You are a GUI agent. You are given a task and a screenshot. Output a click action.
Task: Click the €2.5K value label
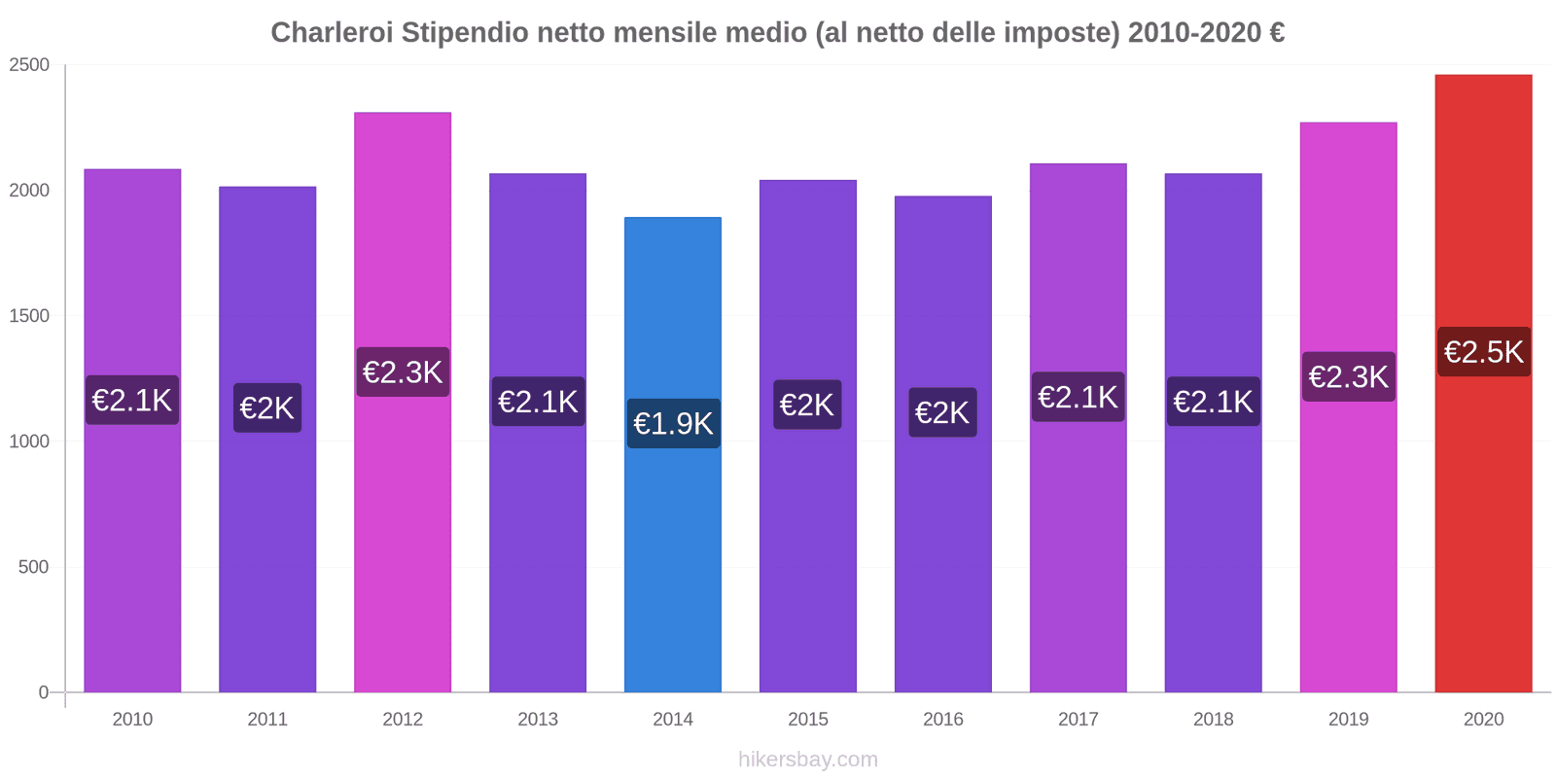pyautogui.click(x=1483, y=352)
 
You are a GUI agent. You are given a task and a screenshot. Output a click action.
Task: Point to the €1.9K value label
pyautogui.click(x=673, y=424)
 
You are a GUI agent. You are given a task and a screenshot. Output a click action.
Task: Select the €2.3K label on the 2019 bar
pyautogui.click(x=1348, y=377)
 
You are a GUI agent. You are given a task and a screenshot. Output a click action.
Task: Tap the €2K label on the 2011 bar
pyautogui.click(x=267, y=408)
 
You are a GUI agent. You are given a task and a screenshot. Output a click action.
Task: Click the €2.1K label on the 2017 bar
pyautogui.click(x=1078, y=397)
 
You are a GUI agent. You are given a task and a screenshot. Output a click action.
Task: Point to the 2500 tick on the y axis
pyautogui.click(x=29, y=65)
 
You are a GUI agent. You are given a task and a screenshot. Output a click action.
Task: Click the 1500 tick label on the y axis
pyautogui.click(x=29, y=316)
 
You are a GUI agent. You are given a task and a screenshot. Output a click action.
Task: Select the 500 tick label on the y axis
pyautogui.click(x=33, y=567)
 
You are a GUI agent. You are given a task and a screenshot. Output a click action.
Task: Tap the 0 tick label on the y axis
pyautogui.click(x=43, y=692)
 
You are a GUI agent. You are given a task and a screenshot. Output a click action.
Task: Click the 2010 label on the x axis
pyautogui.click(x=132, y=720)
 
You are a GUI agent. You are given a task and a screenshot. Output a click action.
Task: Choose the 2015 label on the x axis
pyautogui.click(x=807, y=720)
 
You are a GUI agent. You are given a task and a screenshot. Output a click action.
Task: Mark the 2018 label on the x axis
pyautogui.click(x=1213, y=720)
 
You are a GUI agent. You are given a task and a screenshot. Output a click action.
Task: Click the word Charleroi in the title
pyautogui.click(x=332, y=33)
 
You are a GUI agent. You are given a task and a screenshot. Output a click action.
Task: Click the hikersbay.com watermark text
pyautogui.click(x=807, y=760)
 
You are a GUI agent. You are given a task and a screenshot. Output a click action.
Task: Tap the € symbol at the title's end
pyautogui.click(x=1277, y=33)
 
